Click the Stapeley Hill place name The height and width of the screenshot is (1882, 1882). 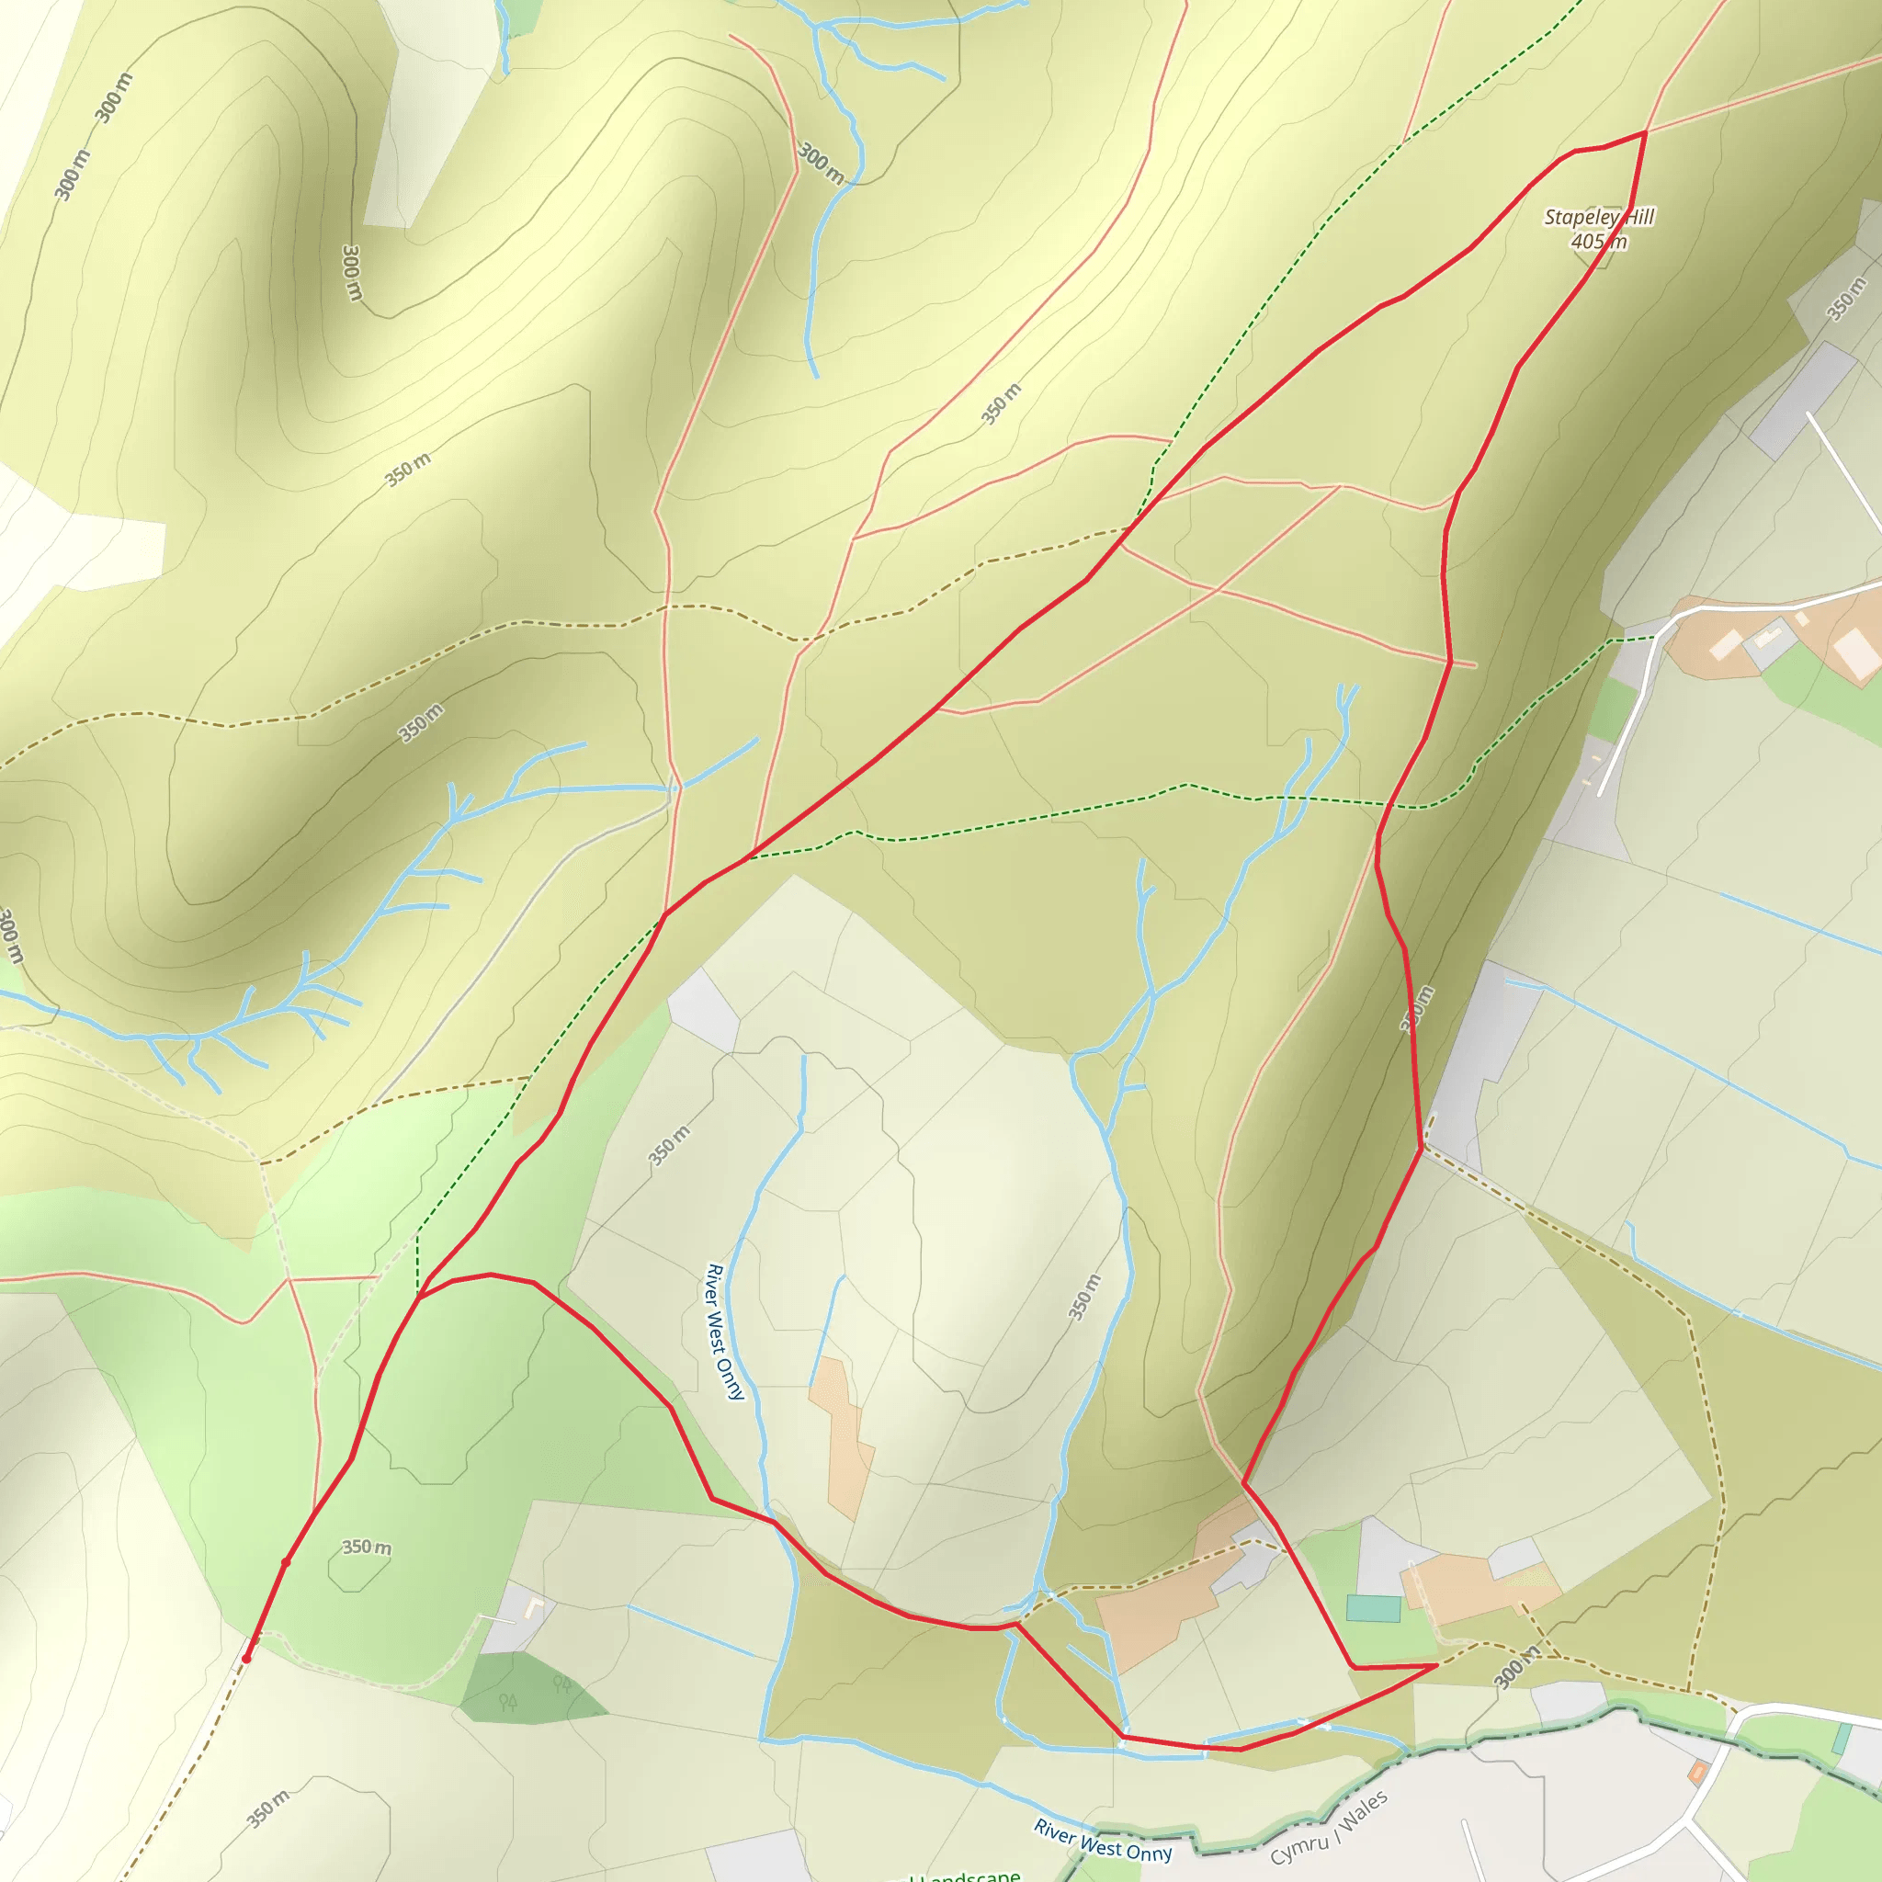point(1599,217)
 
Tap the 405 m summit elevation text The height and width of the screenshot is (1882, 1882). point(1599,242)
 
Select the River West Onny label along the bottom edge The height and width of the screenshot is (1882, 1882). point(1103,1840)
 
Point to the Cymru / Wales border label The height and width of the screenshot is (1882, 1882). point(1329,1814)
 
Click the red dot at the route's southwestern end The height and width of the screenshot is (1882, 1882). point(246,1658)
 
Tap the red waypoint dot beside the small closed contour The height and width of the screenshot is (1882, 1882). point(286,1562)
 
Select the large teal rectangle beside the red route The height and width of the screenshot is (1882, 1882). point(1373,1608)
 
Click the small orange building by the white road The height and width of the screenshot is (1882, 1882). point(1698,1773)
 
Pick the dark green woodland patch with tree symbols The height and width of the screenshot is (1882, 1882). point(531,1688)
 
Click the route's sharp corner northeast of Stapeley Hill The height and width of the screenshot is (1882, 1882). point(1645,131)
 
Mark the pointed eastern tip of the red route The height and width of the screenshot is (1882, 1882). point(1437,1666)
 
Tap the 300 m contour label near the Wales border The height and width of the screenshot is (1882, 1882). point(1515,1667)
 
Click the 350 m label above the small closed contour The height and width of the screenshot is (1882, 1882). point(367,1547)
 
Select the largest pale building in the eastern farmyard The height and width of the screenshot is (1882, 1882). point(1854,651)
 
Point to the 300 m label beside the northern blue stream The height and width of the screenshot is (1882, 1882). point(821,164)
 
